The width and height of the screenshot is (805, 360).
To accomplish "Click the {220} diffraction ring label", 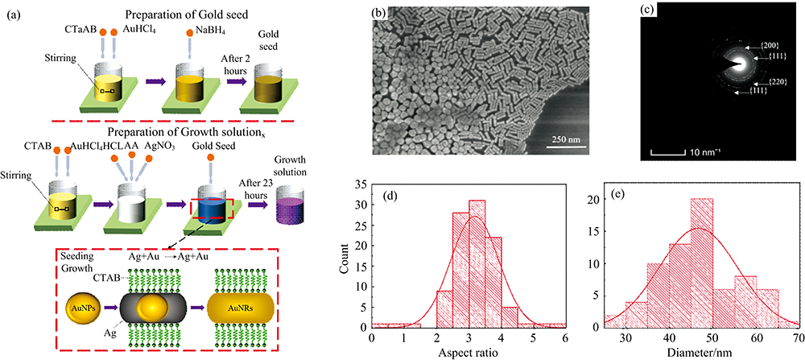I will point(762,81).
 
